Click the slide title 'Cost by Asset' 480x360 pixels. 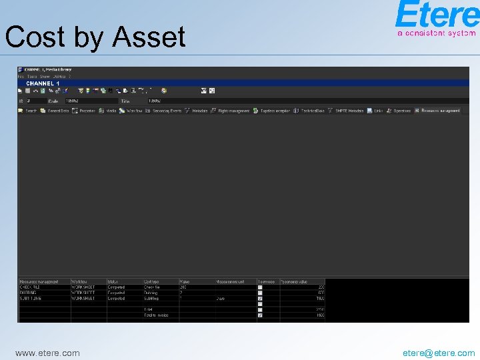point(95,37)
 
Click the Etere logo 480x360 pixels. point(436,19)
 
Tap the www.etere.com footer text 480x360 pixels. point(47,353)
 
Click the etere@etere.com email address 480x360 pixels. point(439,353)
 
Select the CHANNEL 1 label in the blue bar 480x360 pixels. point(43,83)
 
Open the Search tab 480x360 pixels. point(28,111)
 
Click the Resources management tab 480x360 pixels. point(438,111)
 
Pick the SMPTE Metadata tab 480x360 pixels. point(347,111)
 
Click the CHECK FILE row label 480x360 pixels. point(30,287)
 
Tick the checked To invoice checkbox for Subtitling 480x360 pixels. point(260,299)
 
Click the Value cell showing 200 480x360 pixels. point(183,287)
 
